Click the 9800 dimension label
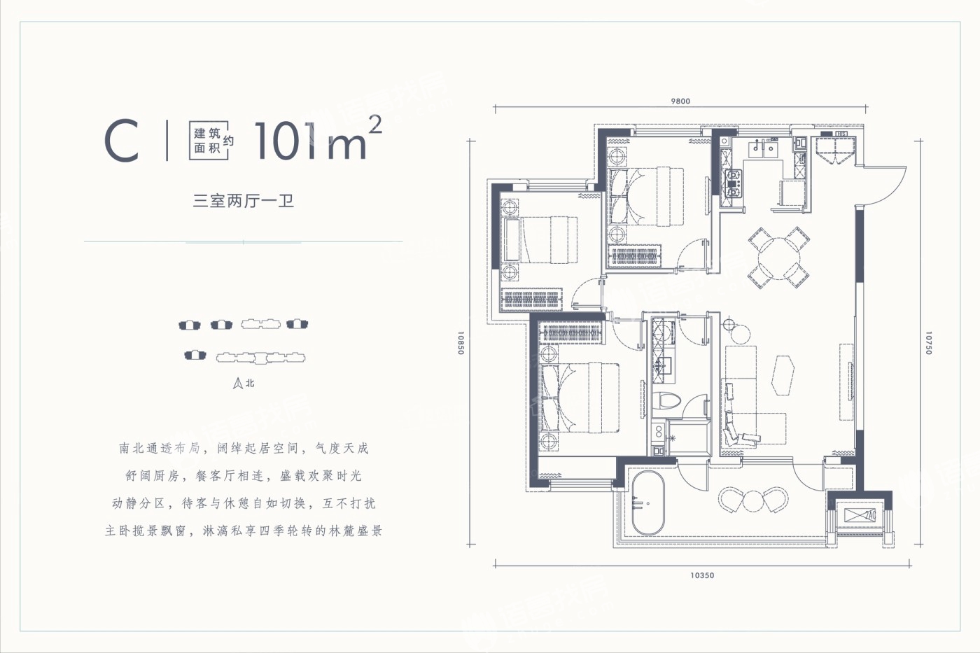point(680,101)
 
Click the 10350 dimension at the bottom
point(702,575)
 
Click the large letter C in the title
point(122,141)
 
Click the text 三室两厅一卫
point(244,201)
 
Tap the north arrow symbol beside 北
point(238,384)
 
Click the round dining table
point(779,258)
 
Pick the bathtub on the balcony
point(648,503)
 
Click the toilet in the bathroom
point(666,401)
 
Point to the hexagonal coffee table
point(783,375)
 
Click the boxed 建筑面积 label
point(209,141)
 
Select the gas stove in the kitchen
point(733,183)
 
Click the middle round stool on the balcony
point(753,501)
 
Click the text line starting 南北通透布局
point(244,449)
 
